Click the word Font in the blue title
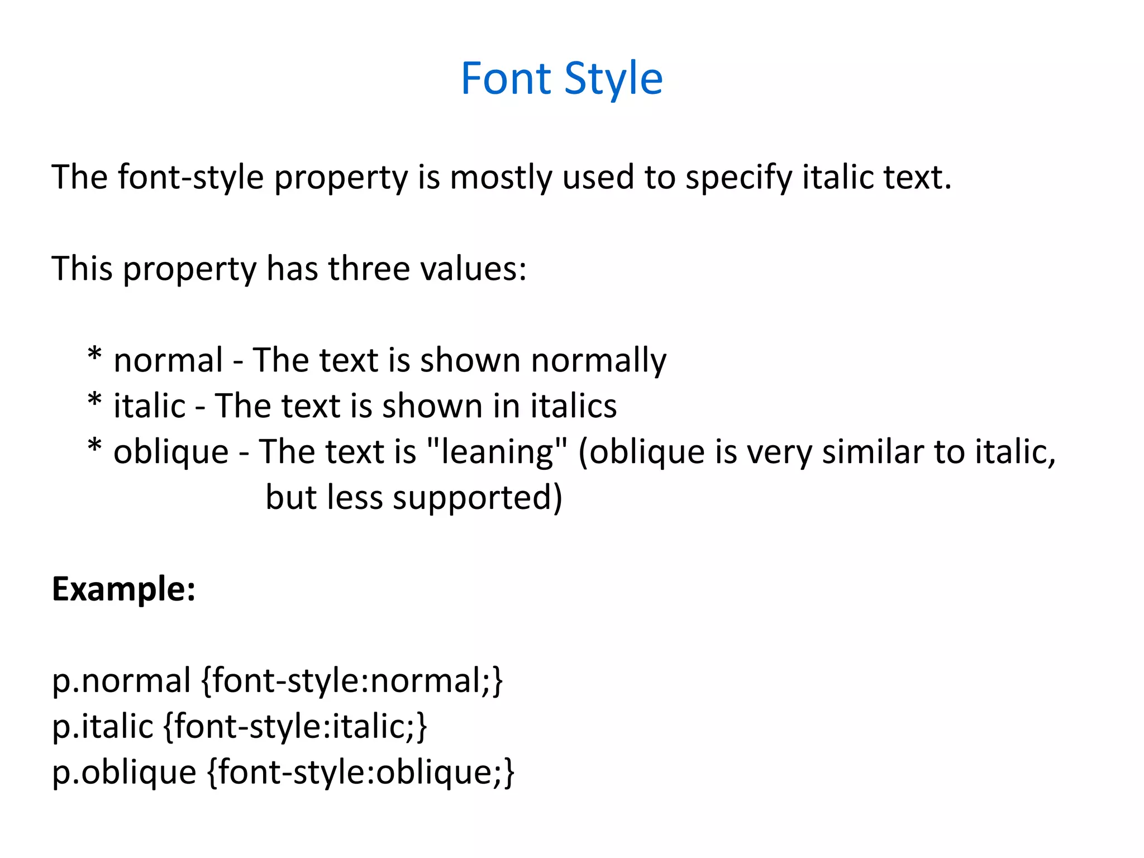click(506, 79)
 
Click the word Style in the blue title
click(613, 79)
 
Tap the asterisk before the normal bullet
click(95, 355)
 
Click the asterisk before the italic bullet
click(95, 401)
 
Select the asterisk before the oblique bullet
click(95, 446)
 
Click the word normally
click(599, 360)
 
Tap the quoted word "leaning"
click(497, 451)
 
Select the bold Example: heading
click(124, 589)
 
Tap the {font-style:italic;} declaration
click(295, 727)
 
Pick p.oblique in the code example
click(124, 773)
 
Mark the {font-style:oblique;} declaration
click(361, 773)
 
